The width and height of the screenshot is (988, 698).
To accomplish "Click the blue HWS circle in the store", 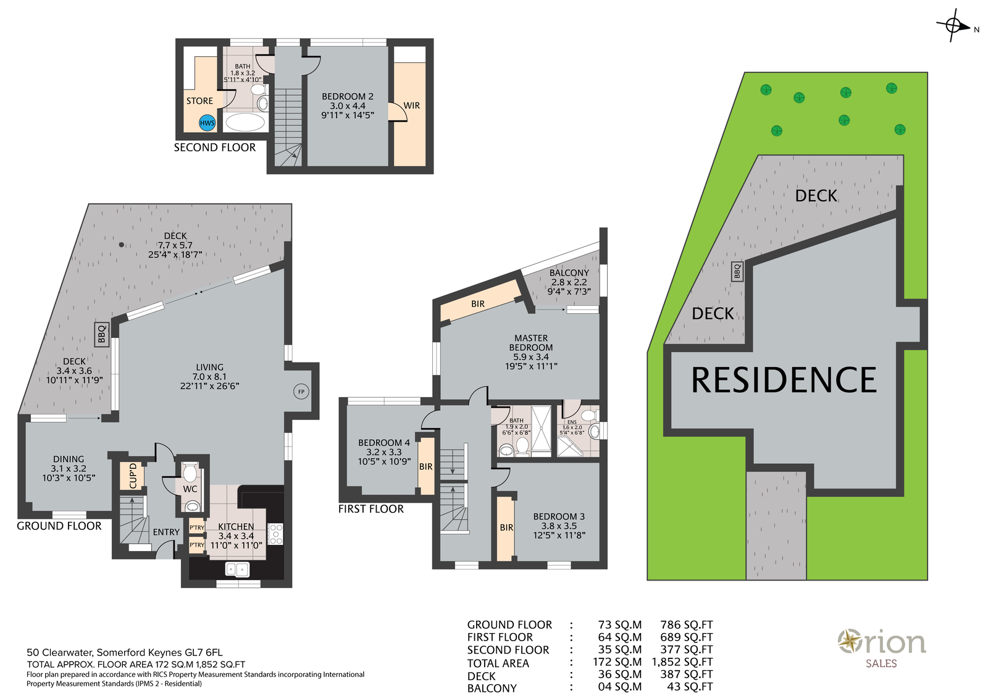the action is pyautogui.click(x=207, y=123).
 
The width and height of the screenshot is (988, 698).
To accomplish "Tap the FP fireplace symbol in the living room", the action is pyautogui.click(x=301, y=392).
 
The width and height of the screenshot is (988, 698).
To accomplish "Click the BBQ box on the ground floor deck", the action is pyautogui.click(x=102, y=334).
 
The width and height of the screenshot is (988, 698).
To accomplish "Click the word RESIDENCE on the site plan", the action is pyautogui.click(x=784, y=380).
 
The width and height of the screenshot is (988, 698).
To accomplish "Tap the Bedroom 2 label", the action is pyautogui.click(x=348, y=106).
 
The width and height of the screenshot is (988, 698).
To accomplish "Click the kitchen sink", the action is pyautogui.click(x=237, y=569).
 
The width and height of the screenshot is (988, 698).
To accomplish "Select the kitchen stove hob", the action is pyautogui.click(x=275, y=534).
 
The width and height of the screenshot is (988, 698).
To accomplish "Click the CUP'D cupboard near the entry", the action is pyautogui.click(x=133, y=476).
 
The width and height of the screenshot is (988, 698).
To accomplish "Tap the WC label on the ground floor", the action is pyautogui.click(x=190, y=489).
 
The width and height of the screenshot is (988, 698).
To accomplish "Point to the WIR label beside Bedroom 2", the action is pyautogui.click(x=411, y=106).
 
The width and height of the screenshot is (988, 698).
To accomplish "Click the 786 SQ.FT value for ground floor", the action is pyautogui.click(x=686, y=624).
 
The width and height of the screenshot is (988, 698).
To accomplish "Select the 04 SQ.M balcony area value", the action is pyautogui.click(x=620, y=686).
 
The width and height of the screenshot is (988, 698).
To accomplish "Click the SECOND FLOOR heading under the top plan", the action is pyautogui.click(x=215, y=148).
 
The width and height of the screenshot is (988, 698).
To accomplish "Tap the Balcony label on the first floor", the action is pyautogui.click(x=569, y=272).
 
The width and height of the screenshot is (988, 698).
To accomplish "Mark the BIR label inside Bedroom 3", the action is pyautogui.click(x=506, y=528).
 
